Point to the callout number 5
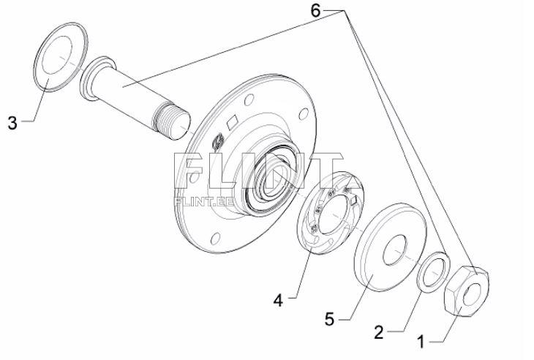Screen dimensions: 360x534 click(331, 320)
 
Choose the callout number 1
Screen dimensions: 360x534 click(421, 342)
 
